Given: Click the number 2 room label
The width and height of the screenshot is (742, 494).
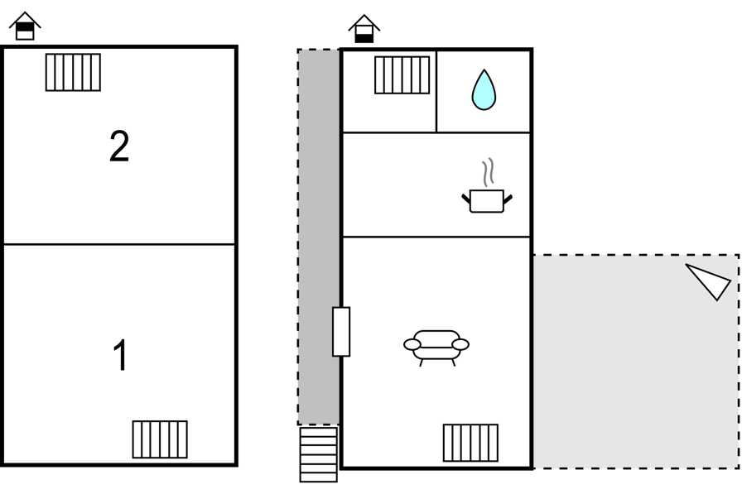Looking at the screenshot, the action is tap(119, 146).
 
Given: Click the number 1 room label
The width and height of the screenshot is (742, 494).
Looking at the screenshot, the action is tap(121, 355).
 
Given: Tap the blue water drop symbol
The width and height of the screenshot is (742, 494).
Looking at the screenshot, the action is tap(484, 90).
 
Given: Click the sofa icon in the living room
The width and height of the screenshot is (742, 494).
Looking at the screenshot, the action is tap(436, 348).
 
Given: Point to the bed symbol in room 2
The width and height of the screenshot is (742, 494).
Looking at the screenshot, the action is tap(73, 72).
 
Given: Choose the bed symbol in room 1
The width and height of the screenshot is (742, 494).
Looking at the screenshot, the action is tap(160, 439).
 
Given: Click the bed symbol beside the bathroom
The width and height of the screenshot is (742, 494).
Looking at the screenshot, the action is tap(402, 75).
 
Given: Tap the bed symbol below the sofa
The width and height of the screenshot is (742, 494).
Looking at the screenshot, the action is tap(470, 443).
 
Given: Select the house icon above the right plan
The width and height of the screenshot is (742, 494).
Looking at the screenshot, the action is tap(364, 29).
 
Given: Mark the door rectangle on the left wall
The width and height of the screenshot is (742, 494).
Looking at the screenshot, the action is tap(341, 331).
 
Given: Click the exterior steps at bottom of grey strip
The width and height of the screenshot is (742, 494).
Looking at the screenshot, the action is tap(319, 454).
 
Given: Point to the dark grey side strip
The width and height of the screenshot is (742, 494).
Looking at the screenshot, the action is tap(319, 237).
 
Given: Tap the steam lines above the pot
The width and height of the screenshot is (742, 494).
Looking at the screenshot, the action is tap(489, 172).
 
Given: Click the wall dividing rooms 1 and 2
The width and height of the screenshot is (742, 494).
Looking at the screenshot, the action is tap(119, 244).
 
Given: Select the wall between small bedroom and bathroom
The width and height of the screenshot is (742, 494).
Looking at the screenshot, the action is tap(436, 91).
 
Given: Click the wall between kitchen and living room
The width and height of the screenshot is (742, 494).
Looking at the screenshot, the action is tap(436, 237).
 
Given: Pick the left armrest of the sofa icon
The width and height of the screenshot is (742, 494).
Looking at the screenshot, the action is tap(412, 344).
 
